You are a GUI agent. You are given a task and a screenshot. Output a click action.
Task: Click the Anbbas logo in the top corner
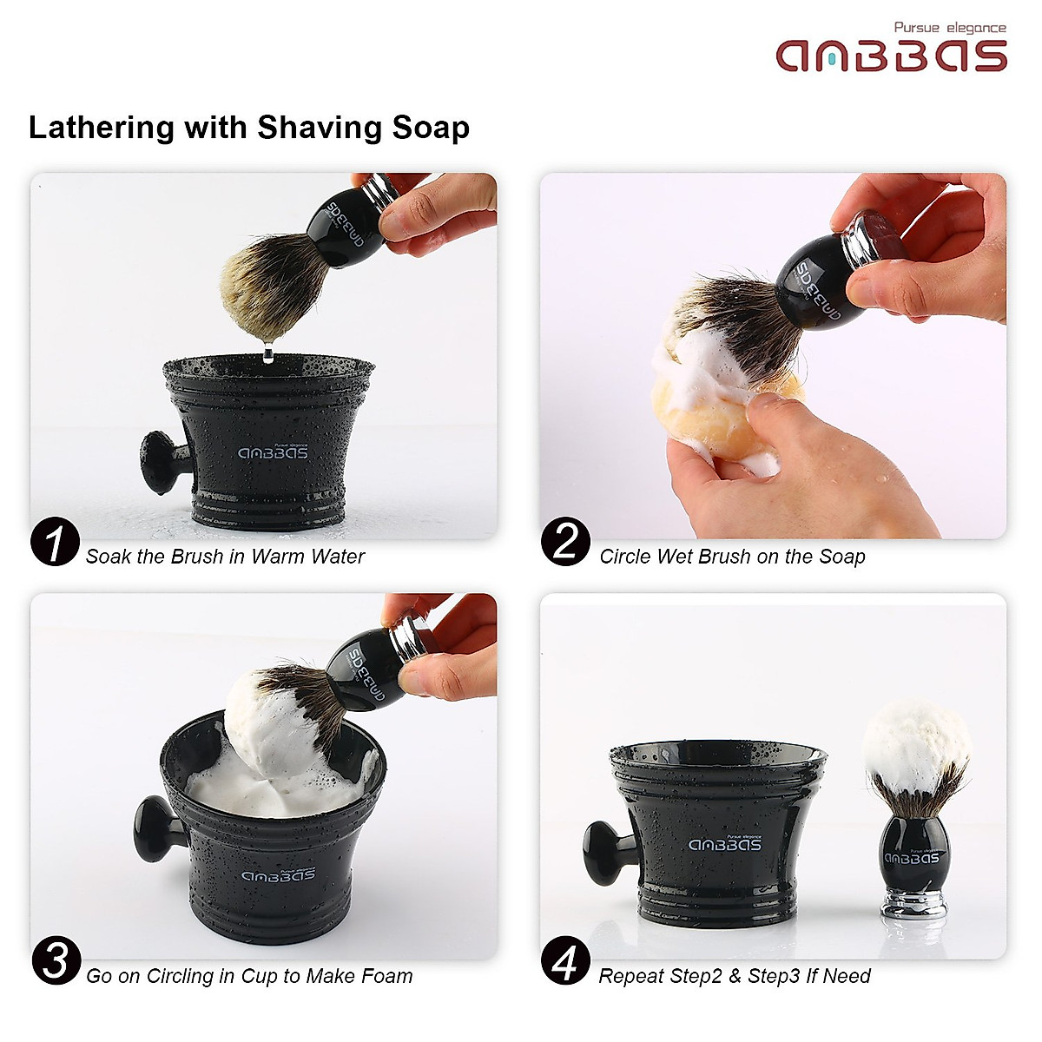(891, 56)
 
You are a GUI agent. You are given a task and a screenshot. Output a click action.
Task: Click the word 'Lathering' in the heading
(102, 128)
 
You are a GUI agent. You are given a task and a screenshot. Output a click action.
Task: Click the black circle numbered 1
(55, 542)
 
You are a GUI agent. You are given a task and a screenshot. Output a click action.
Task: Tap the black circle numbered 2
(565, 542)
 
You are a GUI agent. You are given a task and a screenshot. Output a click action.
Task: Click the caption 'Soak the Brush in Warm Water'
(225, 557)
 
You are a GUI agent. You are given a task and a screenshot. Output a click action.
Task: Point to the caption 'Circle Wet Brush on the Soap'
(732, 557)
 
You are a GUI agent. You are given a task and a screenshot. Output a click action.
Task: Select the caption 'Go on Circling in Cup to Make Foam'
(249, 976)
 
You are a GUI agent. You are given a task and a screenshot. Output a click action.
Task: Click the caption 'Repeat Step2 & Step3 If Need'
(735, 976)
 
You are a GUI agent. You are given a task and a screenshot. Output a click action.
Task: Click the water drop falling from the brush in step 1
(267, 352)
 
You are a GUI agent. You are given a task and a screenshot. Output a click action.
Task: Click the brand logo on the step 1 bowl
(273, 452)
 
